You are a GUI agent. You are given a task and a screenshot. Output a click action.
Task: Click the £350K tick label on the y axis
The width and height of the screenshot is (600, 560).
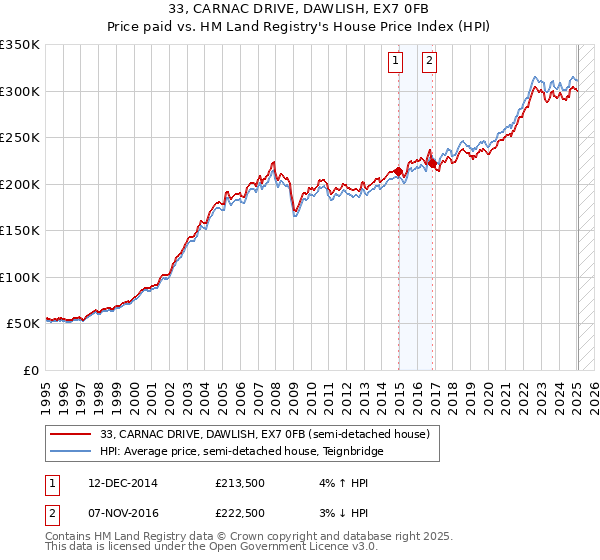20,45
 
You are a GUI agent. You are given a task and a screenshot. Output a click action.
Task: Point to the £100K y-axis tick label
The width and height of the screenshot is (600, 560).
20,277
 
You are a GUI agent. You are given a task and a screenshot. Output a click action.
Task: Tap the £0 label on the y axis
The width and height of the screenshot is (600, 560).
30,370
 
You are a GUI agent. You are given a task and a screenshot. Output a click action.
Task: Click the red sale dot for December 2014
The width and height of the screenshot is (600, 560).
399,172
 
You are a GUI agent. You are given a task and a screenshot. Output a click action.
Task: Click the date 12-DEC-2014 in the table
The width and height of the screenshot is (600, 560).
123,483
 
